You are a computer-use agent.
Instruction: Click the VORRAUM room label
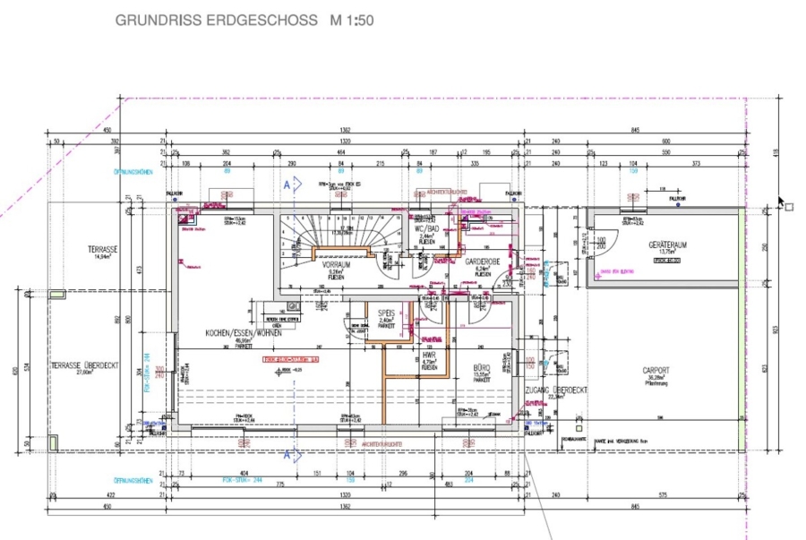[x=337, y=266]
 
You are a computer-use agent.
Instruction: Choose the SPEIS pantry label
[x=386, y=313]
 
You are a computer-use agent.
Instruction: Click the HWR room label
[x=429, y=356]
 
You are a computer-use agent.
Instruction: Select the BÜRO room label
[x=483, y=367]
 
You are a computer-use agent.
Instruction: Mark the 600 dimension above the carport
[x=665, y=141]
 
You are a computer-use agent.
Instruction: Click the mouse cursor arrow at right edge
[x=781, y=203]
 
